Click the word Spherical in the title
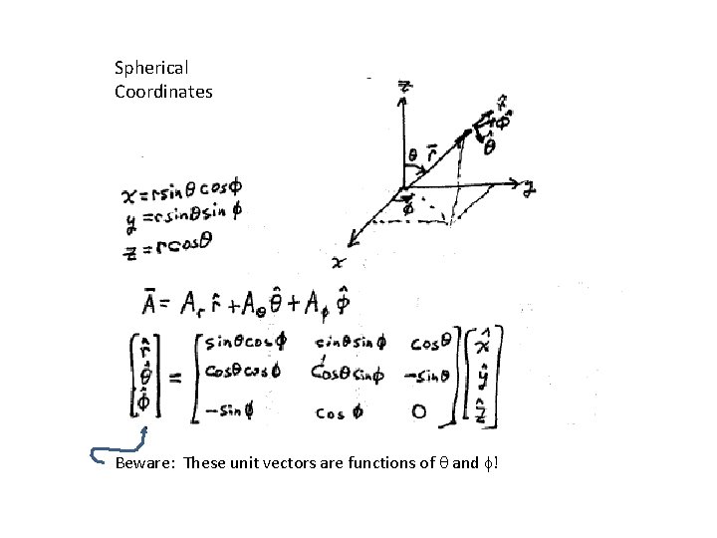tap(151, 69)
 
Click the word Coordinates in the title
tap(163, 92)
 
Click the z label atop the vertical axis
tap(404, 87)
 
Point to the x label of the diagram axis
tap(337, 261)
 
